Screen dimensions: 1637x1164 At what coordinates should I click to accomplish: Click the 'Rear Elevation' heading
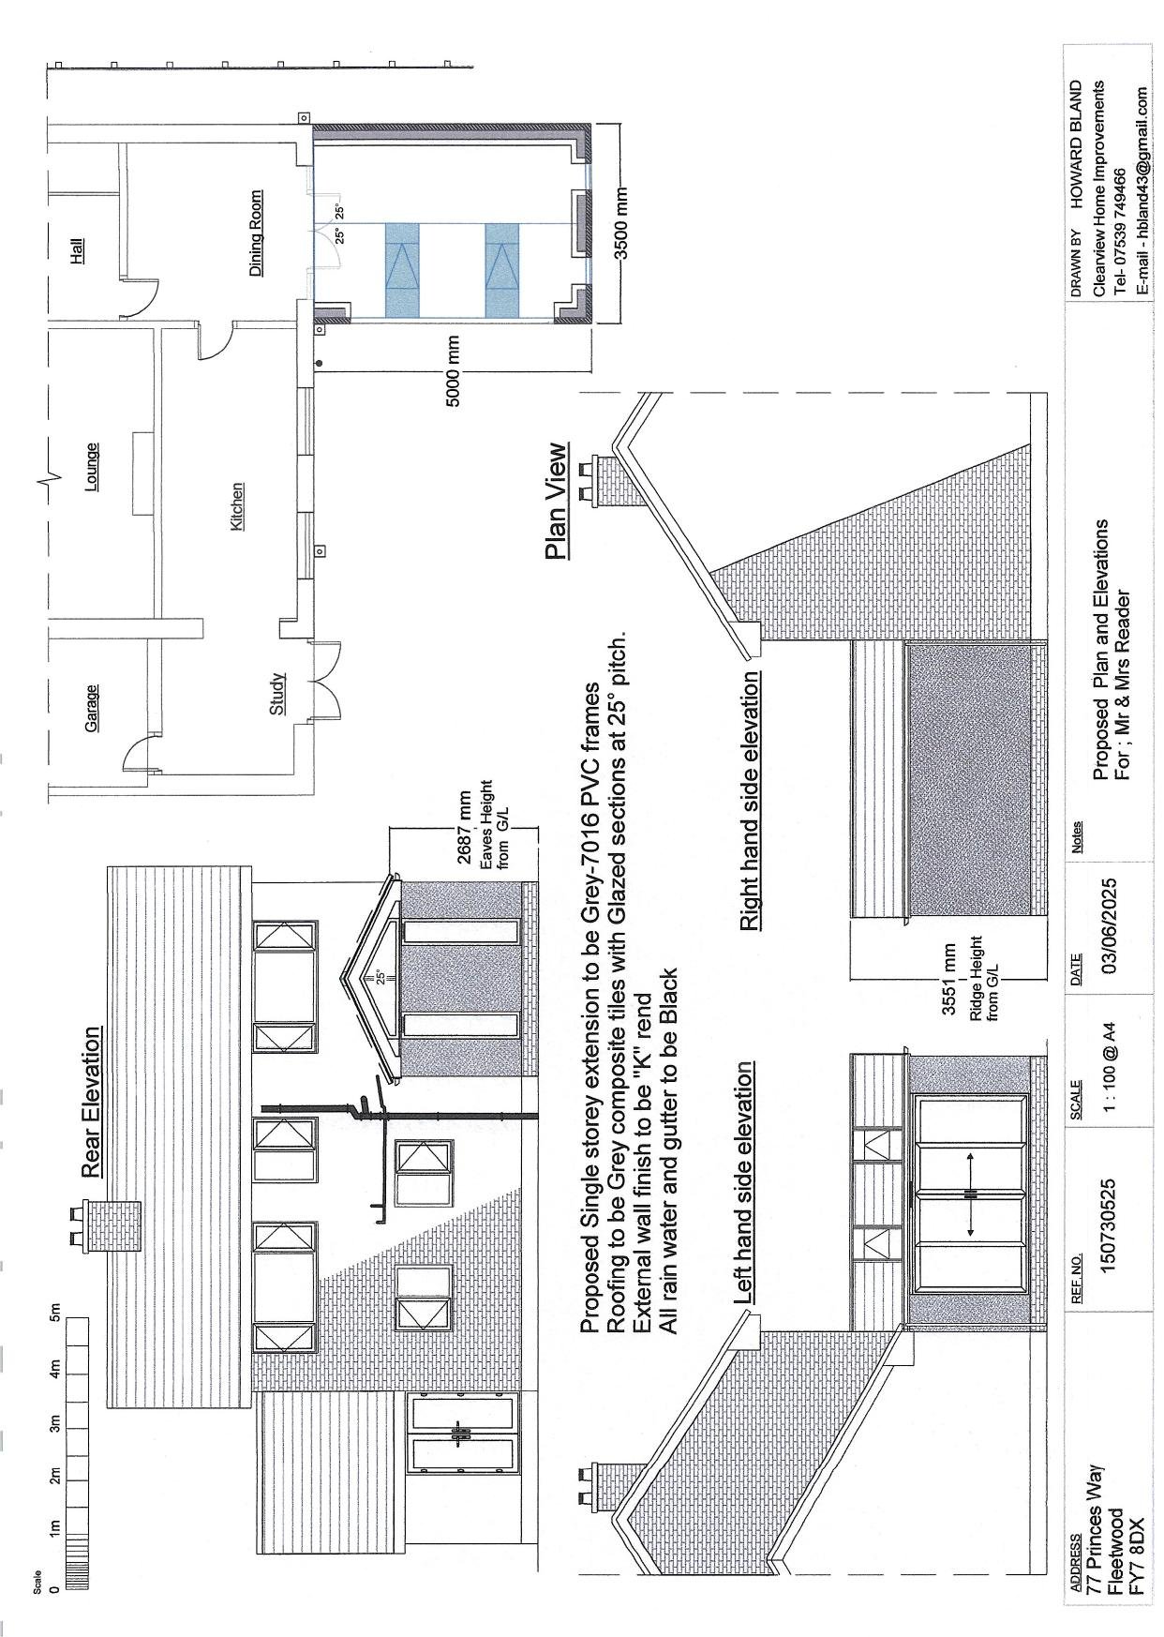(x=90, y=1102)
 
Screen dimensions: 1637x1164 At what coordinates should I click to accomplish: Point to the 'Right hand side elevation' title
(x=749, y=802)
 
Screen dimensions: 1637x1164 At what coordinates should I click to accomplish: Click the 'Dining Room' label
(x=256, y=233)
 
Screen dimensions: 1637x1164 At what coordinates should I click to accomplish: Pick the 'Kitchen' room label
(x=236, y=506)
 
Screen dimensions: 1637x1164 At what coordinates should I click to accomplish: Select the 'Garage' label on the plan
(x=91, y=708)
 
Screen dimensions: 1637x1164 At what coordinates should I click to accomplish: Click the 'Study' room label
(x=276, y=694)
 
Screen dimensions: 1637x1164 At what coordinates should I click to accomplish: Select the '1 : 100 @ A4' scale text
(x=1110, y=1069)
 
